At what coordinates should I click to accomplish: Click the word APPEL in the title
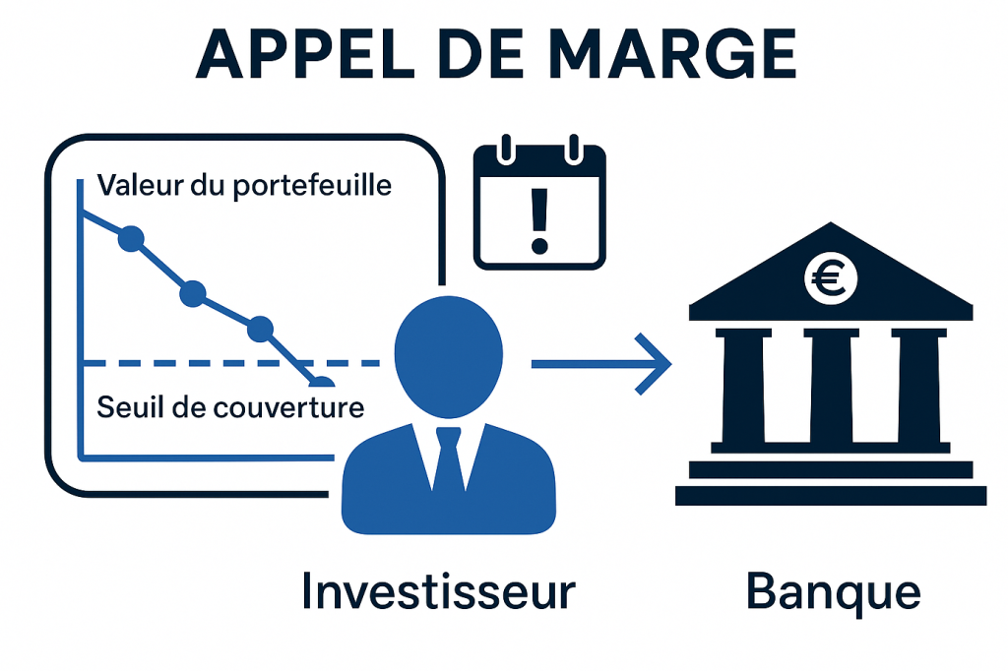305,54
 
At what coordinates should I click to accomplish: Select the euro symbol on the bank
829,278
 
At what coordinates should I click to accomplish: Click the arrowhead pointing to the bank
653,364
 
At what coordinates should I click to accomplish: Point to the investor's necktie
449,460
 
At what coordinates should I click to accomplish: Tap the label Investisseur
438,592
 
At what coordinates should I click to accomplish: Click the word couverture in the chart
288,407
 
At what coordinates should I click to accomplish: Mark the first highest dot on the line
131,238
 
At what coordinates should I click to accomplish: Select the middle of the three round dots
193,294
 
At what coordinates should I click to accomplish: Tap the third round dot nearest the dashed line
260,329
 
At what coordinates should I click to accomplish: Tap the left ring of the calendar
507,149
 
